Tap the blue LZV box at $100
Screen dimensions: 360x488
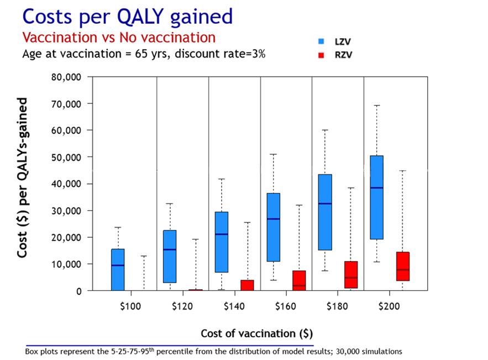coord(118,269)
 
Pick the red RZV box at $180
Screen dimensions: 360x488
coord(350,275)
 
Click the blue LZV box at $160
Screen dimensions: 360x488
coord(273,227)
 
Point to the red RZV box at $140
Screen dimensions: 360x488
coord(247,285)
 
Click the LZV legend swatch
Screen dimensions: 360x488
coord(321,41)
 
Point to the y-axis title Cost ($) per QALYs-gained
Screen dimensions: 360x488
coord(23,178)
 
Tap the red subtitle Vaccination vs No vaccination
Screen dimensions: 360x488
coord(118,38)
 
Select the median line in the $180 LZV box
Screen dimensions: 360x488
coord(324,204)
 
